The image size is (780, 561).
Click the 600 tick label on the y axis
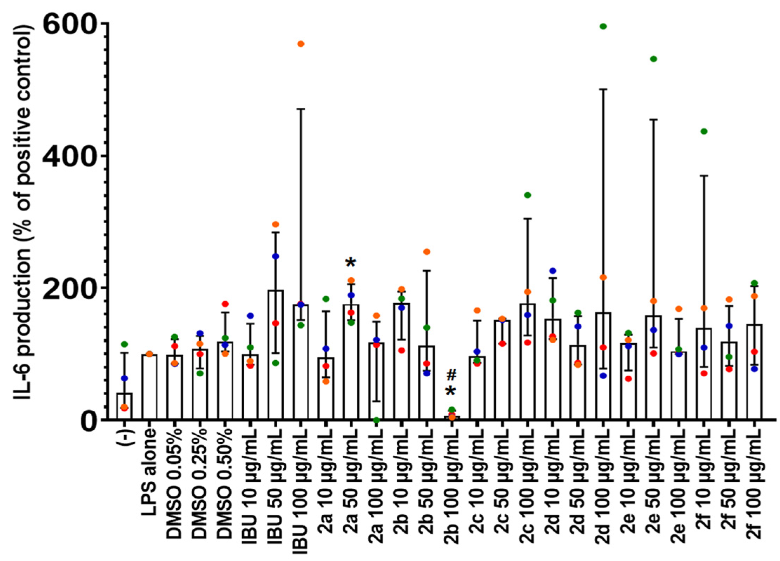pos(69,24)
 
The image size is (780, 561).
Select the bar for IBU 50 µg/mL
pos(275,355)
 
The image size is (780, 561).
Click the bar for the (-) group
pos(124,407)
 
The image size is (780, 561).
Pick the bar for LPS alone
pos(149,386)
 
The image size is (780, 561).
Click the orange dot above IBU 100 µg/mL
pos(300,44)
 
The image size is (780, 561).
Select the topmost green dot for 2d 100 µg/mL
pos(603,26)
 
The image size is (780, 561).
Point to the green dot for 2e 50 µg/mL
pos(653,59)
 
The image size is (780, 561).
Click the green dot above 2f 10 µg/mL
pos(703,131)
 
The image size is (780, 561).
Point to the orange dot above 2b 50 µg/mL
pos(427,252)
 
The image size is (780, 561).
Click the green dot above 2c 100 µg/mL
pos(527,195)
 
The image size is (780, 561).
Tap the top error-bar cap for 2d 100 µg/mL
pos(603,89)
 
